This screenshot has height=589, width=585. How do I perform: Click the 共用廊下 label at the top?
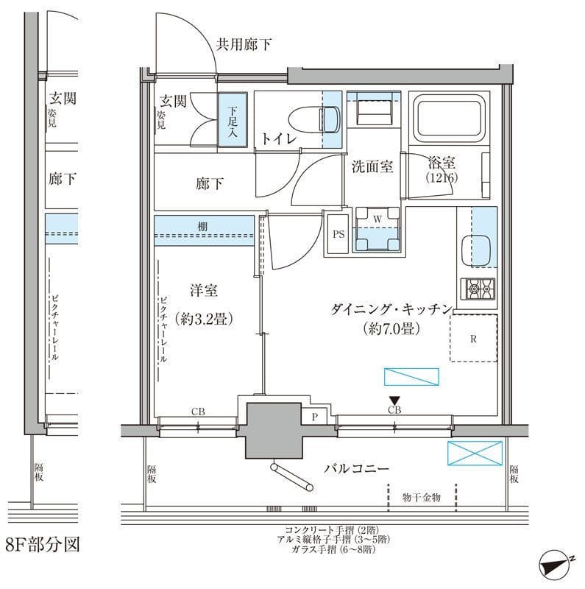click(x=243, y=45)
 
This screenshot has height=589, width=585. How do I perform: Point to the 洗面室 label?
click(x=372, y=166)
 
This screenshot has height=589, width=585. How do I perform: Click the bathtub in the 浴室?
click(x=447, y=119)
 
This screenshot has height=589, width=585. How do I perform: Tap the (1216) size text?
click(x=442, y=178)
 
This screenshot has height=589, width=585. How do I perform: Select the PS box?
click(x=338, y=235)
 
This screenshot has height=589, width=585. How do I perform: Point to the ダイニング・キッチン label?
click(x=389, y=310)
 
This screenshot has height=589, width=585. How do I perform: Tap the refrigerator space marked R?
click(x=475, y=339)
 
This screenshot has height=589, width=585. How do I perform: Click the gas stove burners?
click(x=478, y=289)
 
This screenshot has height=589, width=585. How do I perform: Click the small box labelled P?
click(x=314, y=417)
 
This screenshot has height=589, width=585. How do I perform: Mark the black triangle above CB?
click(x=394, y=400)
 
